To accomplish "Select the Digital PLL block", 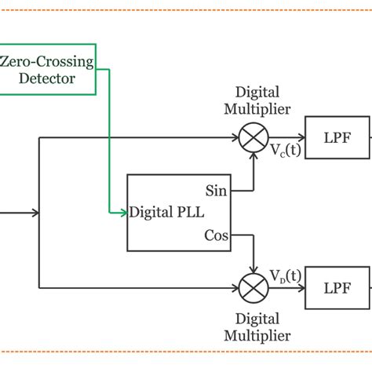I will point(179,213).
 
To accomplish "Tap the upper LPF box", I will point(337,137).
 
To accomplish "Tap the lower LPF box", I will point(337,287).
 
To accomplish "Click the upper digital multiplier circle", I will point(253,138).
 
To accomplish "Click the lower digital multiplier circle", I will point(253,287).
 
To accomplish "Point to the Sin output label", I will point(216,190).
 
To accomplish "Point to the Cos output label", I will point(216,235).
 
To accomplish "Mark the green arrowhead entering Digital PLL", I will point(123,213).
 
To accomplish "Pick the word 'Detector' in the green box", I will point(48,78).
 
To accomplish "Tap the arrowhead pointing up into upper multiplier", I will point(253,156).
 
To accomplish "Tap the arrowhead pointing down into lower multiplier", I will point(253,269).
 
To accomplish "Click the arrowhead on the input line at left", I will point(35,213).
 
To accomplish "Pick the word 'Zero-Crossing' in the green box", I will point(47,60).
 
